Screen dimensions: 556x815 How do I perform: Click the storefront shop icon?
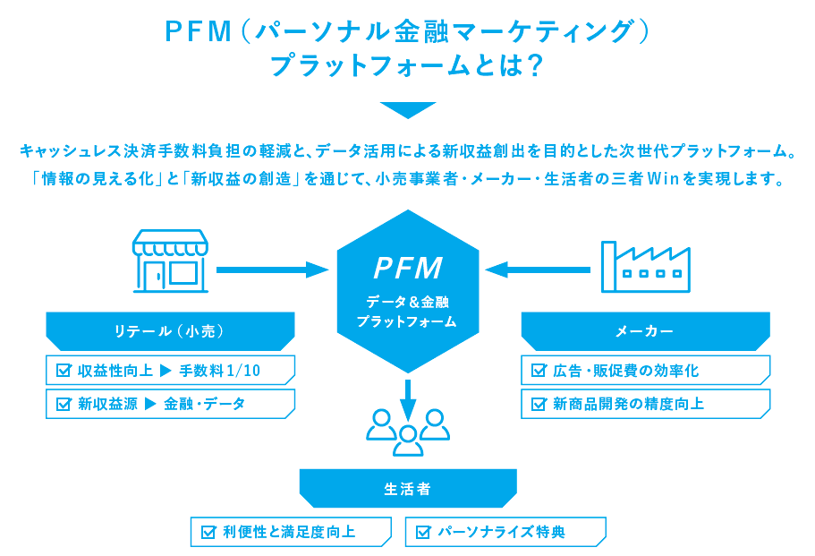coord(170,261)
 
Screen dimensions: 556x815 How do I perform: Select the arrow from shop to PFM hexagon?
coord(273,269)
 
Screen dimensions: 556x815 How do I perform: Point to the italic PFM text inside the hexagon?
coord(408,268)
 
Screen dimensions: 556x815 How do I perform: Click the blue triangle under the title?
coord(407,110)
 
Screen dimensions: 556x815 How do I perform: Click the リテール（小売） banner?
coord(169,331)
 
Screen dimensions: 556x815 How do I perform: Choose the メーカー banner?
coord(645,331)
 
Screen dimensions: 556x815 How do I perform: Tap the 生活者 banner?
coord(408,489)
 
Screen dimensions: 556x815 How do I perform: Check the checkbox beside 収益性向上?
coord(64,371)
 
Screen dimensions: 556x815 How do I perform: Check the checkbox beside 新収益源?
coord(64,404)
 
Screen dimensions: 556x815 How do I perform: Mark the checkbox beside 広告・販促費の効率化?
coord(539,371)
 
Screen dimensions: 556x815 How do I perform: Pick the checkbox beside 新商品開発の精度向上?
coord(539,404)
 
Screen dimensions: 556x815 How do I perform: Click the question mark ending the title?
coord(535,66)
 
